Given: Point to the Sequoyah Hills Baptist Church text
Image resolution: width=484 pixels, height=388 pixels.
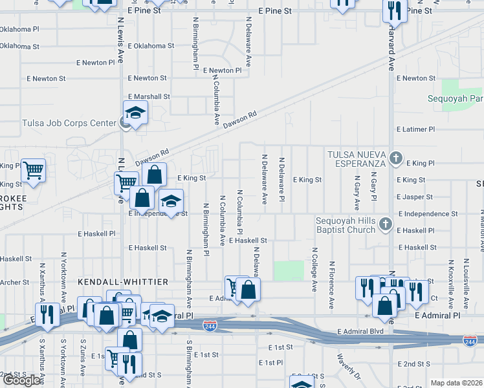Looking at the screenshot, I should (345, 225).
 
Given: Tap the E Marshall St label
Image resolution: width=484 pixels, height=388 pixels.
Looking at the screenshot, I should (149, 96).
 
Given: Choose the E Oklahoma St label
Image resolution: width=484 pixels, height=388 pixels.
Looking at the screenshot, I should (151, 46).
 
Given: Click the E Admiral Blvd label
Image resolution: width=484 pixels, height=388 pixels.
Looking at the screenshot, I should (360, 332).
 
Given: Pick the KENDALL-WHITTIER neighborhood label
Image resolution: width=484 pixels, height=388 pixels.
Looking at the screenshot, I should (123, 282).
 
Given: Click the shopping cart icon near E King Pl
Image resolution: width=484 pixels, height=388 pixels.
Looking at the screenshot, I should (33, 170).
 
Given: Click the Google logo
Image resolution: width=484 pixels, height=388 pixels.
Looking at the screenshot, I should (22, 380).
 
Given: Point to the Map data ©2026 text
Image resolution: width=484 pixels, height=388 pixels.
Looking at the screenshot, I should (456, 383).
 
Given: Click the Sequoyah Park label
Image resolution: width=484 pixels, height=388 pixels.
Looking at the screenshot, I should (456, 99).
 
